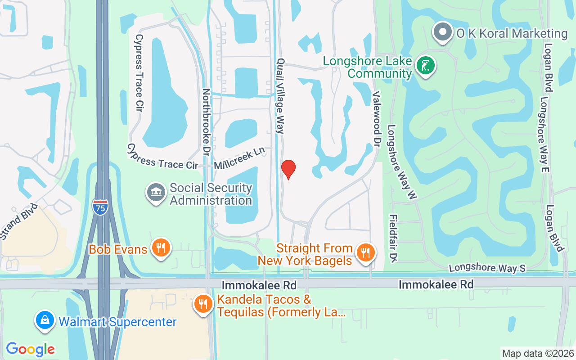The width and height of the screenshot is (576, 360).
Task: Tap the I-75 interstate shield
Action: pyautogui.click(x=99, y=207)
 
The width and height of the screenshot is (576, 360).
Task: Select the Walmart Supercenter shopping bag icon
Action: pyautogui.click(x=45, y=320)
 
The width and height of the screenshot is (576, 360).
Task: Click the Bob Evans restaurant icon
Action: pyautogui.click(x=160, y=247)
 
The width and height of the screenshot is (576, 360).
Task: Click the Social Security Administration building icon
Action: pyautogui.click(x=156, y=193)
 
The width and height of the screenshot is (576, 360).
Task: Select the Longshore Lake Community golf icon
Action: pyautogui.click(x=425, y=66)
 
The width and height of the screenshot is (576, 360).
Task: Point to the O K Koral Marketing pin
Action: pyautogui.click(x=443, y=32)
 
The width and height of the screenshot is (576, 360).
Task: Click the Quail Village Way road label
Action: pyautogui.click(x=281, y=95)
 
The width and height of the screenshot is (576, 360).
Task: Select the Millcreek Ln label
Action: pyautogui.click(x=239, y=159)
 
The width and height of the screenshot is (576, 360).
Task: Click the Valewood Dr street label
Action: pyautogui.click(x=377, y=118)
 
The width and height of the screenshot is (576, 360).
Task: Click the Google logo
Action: pyautogui.click(x=30, y=349)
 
